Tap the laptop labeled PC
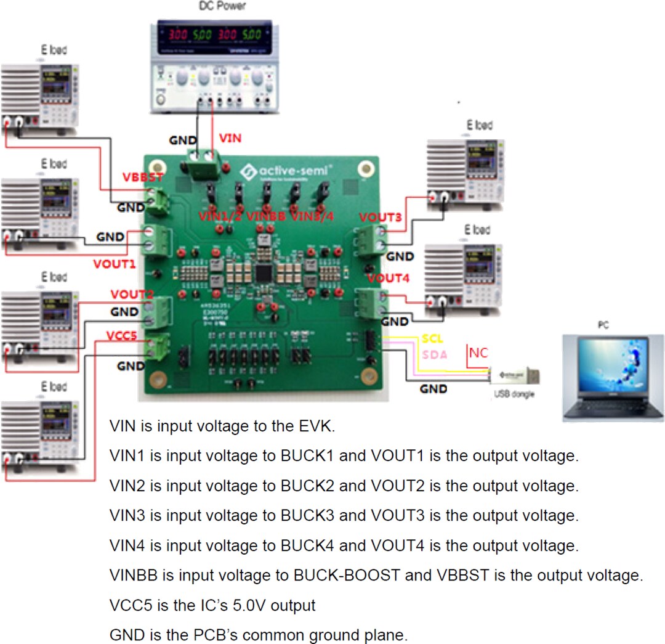pyautogui.click(x=613, y=378)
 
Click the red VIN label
pyautogui.click(x=231, y=139)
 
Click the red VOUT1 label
pyautogui.click(x=114, y=264)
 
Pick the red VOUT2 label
pyautogui.click(x=131, y=295)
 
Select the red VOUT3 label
pyautogui.click(x=381, y=218)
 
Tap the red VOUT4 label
pyautogui.click(x=388, y=279)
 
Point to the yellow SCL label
pyautogui.click(x=432, y=340)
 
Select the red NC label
pyautogui.click(x=478, y=353)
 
